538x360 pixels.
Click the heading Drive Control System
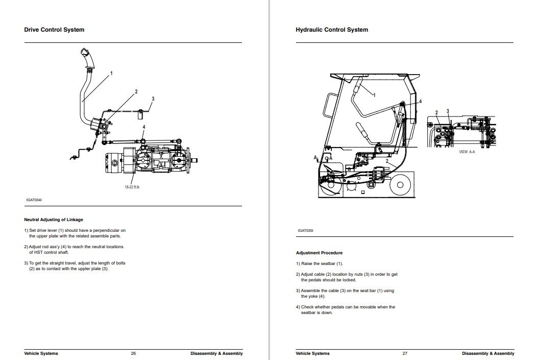[54, 30]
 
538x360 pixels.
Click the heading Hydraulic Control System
[332, 30]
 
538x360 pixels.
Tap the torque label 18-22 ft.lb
[132, 187]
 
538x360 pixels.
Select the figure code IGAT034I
[33, 200]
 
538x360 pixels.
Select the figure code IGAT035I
[305, 230]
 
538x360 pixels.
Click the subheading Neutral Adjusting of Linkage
[54, 220]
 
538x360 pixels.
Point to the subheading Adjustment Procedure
[319, 253]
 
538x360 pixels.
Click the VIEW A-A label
[467, 152]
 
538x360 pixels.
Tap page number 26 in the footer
[133, 353]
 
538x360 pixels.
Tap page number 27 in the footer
[405, 353]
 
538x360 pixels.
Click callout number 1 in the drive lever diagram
[112, 73]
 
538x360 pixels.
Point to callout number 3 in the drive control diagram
[153, 99]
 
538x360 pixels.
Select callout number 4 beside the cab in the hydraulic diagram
[420, 102]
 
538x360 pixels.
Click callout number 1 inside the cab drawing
[374, 95]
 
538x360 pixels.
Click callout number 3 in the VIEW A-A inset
[448, 111]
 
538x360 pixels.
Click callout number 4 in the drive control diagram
[144, 127]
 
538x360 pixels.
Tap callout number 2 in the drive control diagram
[136, 92]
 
